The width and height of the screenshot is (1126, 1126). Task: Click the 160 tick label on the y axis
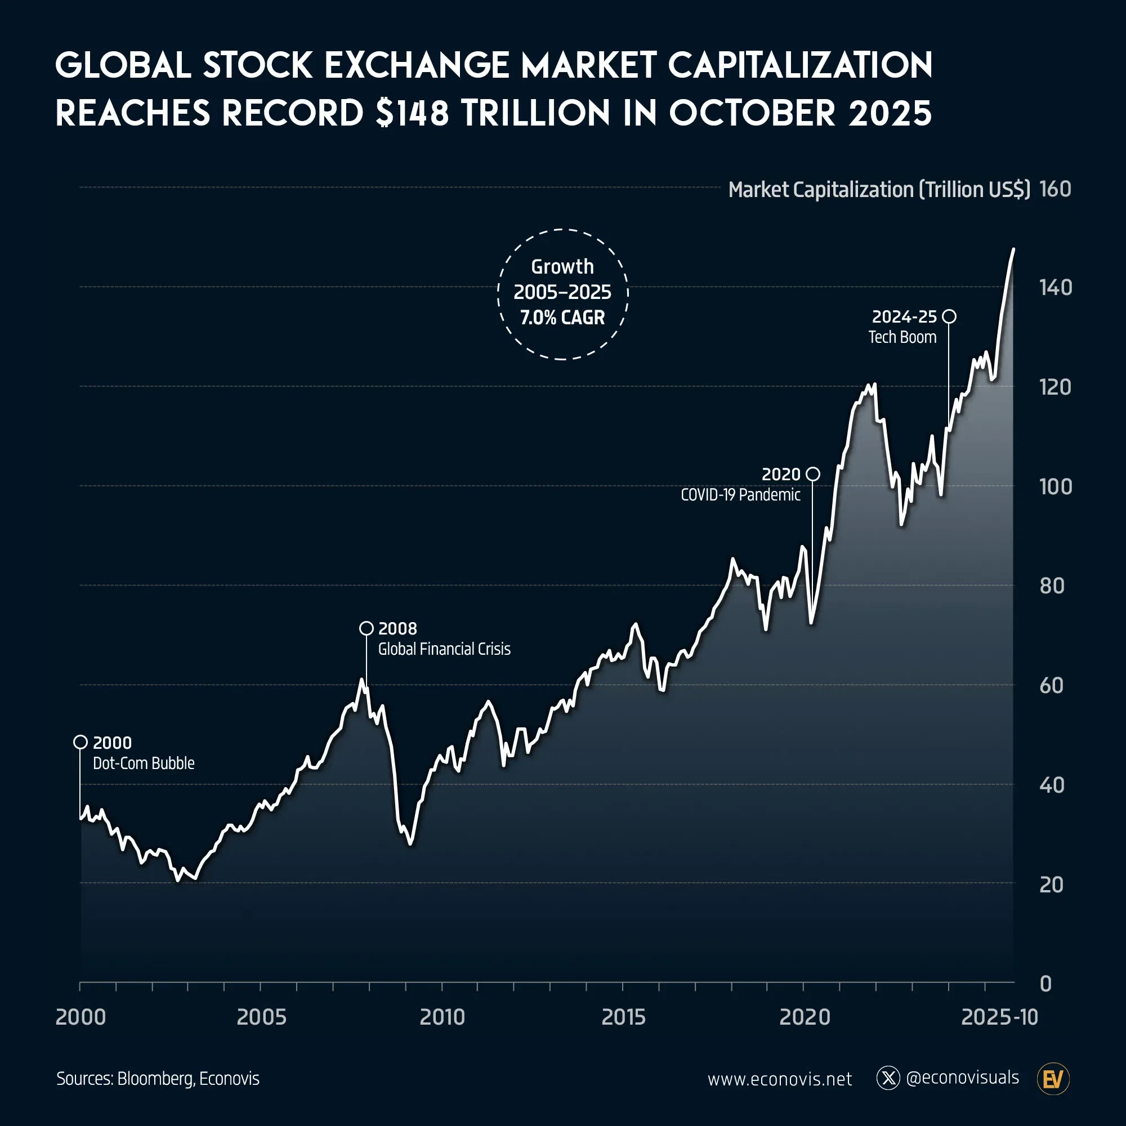click(x=1055, y=189)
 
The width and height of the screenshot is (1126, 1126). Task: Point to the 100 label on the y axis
click(x=1055, y=486)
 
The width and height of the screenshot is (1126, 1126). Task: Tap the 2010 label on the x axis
click(x=443, y=1017)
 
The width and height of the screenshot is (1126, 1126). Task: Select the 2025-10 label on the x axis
click(x=999, y=1017)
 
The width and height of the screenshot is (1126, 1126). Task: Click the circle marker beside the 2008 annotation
click(x=366, y=628)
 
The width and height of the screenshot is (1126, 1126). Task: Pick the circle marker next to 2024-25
click(x=949, y=316)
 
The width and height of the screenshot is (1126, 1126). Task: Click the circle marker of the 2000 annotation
click(x=81, y=742)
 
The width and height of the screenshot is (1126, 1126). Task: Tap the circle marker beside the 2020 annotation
click(x=812, y=474)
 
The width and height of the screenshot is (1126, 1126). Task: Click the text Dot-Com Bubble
click(x=144, y=763)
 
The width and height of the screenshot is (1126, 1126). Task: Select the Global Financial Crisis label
click(x=444, y=649)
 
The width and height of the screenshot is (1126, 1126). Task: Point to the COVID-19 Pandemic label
click(x=740, y=495)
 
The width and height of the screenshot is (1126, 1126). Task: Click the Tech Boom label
click(x=902, y=337)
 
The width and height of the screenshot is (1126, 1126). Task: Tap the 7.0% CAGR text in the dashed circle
click(x=562, y=318)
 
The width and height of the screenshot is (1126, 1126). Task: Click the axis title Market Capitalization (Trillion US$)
click(x=879, y=189)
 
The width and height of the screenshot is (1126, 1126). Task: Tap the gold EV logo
click(x=1053, y=1079)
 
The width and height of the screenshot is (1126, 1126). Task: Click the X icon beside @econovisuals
click(x=888, y=1078)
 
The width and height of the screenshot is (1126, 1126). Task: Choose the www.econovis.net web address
click(x=779, y=1079)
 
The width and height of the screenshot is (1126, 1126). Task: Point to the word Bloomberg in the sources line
click(x=154, y=1079)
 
